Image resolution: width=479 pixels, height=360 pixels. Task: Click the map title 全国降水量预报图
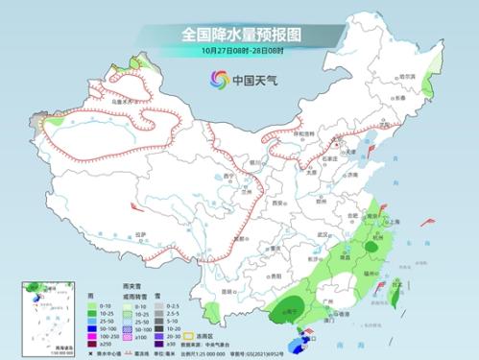tap(239, 34)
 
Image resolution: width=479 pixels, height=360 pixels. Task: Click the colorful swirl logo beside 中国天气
tap(210, 79)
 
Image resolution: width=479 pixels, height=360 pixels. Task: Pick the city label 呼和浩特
tap(304, 134)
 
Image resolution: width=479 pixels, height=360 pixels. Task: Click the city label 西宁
tap(227, 178)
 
